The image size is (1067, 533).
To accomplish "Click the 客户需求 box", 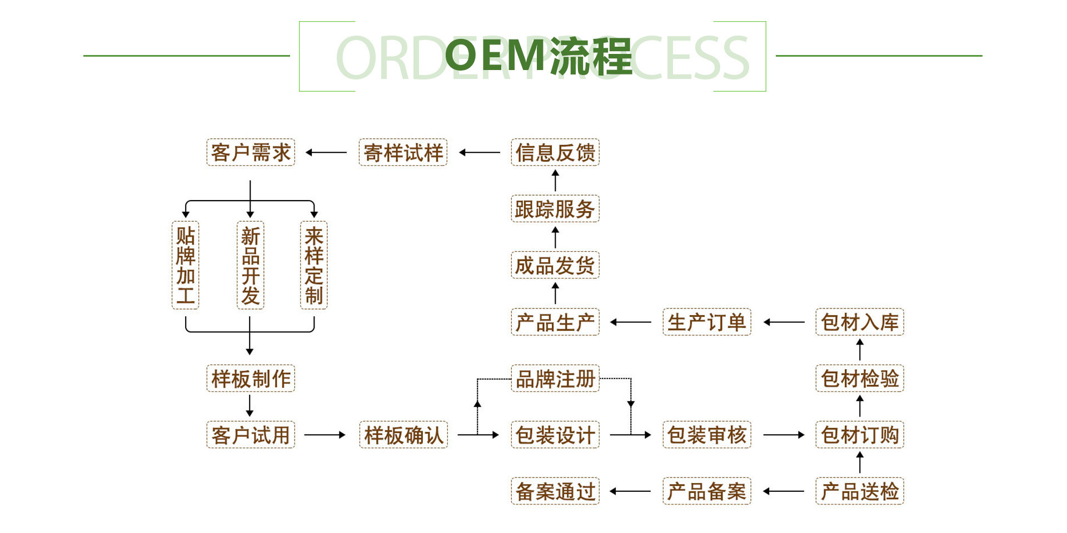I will coord(251,152).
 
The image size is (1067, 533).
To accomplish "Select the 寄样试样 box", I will coord(403,152).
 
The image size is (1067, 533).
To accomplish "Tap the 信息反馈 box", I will coord(555,152).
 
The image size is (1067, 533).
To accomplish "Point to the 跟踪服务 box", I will coord(555,209).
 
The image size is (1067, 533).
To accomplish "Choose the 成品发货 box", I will coord(555,265).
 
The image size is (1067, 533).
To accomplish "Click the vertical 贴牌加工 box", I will coord(186,265).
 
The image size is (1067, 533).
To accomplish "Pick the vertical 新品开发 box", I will coord(250,265).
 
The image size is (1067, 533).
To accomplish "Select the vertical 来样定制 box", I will coord(314,265).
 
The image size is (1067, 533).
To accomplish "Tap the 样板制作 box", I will coord(251,378).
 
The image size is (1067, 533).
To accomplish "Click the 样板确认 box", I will coord(403,435).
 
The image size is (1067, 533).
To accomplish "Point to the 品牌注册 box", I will coord(555,378).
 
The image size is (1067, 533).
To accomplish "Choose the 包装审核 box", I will coord(707,435).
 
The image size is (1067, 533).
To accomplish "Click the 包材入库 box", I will coord(860,322).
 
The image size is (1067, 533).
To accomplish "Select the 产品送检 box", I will coord(860,491).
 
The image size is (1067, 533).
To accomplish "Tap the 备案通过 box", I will coord(555,491).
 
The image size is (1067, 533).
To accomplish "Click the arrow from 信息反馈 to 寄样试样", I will coord(480,152).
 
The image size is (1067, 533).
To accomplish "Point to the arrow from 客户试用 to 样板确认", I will coord(325,435).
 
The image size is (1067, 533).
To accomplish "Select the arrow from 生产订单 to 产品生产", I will coord(631,322).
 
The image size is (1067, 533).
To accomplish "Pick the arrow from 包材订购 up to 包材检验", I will coord(860,406).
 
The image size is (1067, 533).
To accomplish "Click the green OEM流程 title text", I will coord(539,56).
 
